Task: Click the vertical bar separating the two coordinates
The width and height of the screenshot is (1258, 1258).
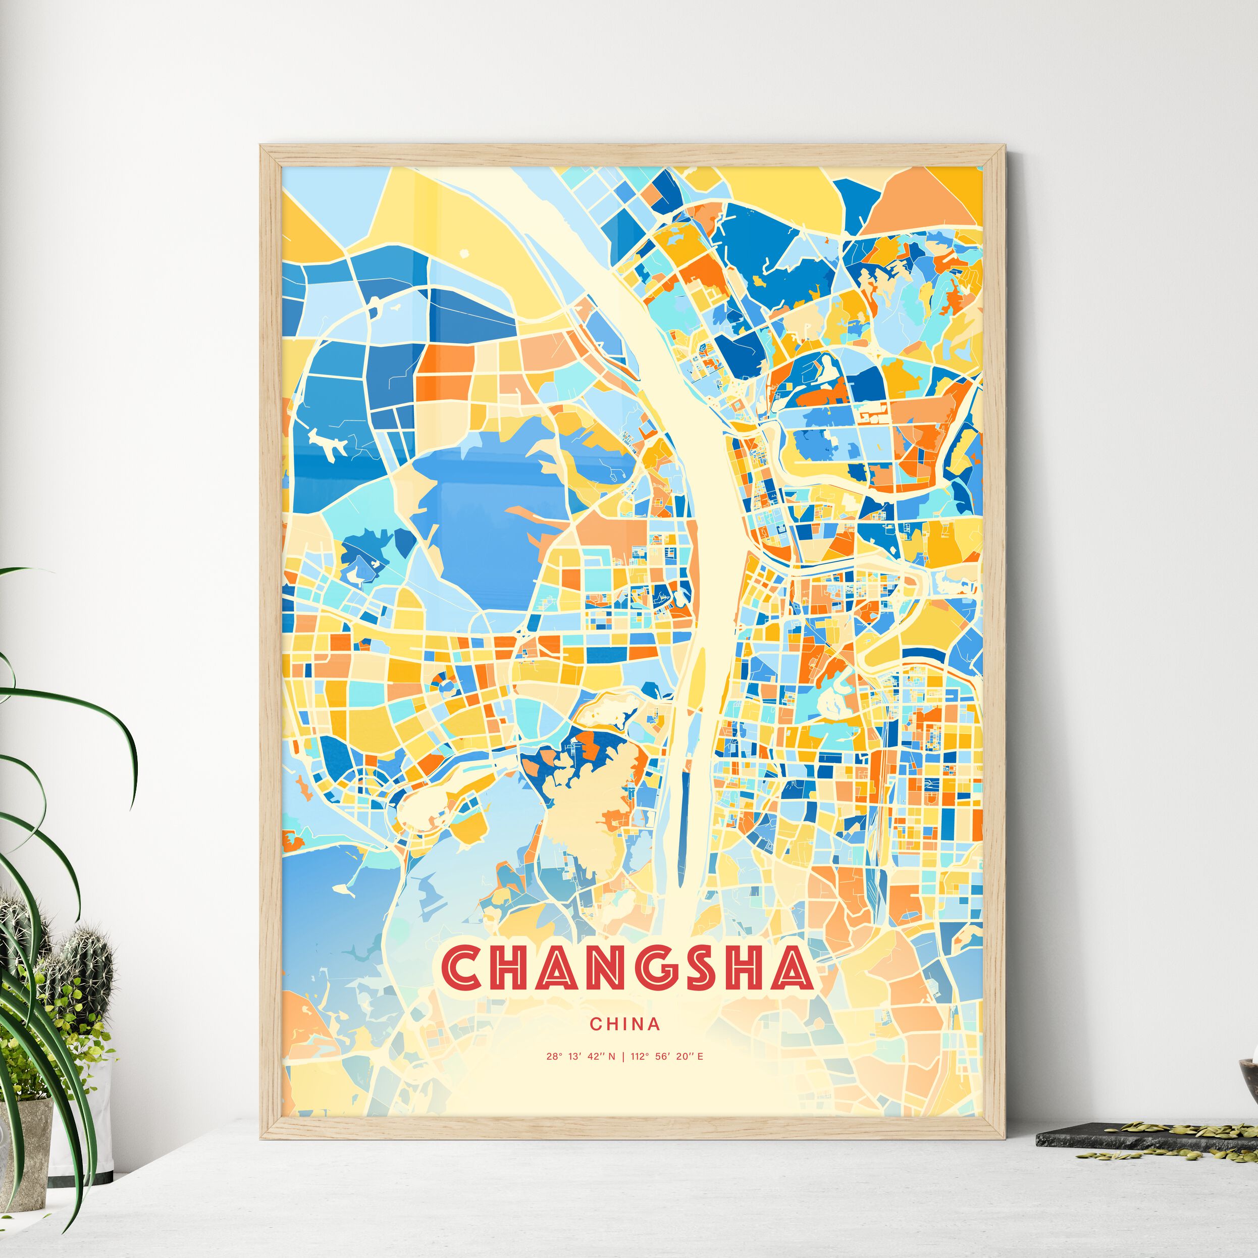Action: pos(622,1057)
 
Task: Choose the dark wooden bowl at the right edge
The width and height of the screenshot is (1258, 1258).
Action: pos(1249,1081)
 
